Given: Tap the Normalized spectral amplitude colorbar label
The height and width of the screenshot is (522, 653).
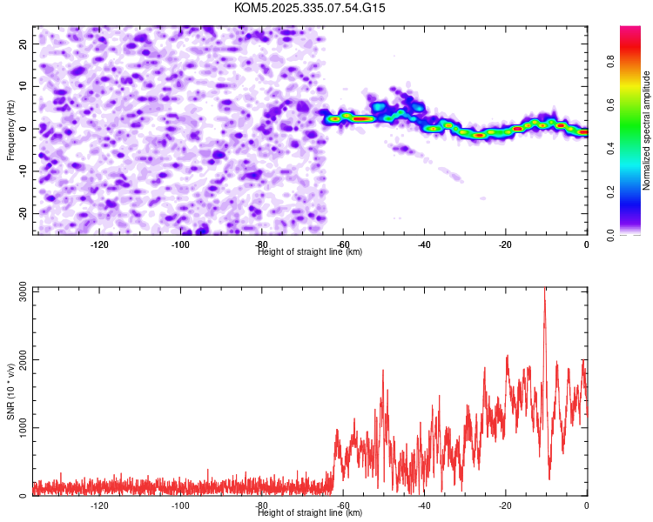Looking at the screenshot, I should pos(647,130).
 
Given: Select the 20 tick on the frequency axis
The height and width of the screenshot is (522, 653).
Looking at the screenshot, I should pos(24,43).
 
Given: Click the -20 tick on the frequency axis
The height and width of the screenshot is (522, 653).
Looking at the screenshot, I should pos(23,214).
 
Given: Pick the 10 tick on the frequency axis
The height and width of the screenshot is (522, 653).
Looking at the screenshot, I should pos(24,86).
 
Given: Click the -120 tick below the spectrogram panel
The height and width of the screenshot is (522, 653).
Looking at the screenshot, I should pos(99,244).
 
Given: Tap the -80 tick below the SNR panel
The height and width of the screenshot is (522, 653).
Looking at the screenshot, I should pos(261,505).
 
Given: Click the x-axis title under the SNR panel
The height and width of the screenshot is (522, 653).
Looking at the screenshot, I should pos(310,513).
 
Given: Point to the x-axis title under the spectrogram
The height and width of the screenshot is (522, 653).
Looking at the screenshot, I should pos(310,251).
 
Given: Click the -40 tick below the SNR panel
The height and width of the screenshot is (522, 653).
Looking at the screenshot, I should pos(424,505).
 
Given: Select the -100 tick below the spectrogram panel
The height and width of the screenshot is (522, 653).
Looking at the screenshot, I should pos(180,244).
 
